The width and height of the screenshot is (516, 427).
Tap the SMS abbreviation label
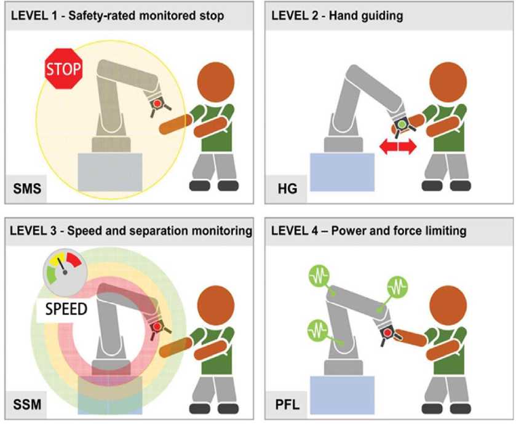coord(28,188)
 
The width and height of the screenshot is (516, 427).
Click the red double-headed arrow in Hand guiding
coord(398,147)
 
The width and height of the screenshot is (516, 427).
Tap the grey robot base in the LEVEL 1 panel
coord(110,174)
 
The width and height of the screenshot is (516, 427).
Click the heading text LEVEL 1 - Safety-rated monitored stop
coord(116,17)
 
